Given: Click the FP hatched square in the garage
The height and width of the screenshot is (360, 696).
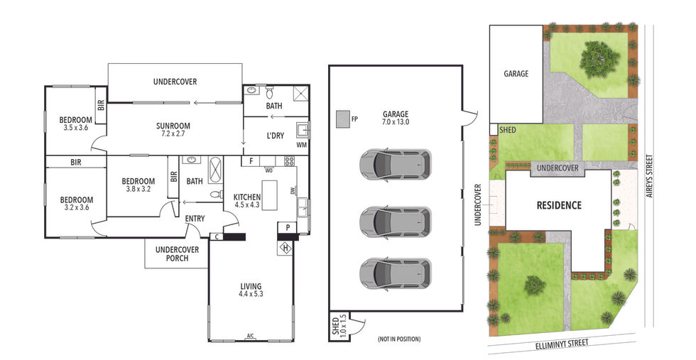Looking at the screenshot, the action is (342, 119).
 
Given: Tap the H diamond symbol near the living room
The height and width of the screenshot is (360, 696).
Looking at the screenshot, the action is (286, 248).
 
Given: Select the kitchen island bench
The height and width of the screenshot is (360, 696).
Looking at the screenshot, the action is (269, 192).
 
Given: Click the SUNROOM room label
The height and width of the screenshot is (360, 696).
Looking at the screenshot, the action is (173, 130).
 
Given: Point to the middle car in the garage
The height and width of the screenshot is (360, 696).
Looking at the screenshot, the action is (395, 221).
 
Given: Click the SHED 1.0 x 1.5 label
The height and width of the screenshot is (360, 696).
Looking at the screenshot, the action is (339, 325).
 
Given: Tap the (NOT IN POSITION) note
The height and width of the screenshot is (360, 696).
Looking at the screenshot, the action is (399, 339).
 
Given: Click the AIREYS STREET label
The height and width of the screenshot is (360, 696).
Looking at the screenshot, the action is (651, 176).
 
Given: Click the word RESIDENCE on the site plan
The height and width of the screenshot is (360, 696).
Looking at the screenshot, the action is (559, 205).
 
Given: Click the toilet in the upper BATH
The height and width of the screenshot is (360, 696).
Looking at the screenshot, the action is (269, 93).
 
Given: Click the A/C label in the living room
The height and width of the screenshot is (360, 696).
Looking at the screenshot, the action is (250, 336).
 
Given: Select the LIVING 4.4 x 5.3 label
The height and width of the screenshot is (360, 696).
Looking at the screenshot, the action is (251, 290).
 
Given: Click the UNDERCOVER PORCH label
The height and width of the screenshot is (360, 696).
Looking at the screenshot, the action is (177, 254).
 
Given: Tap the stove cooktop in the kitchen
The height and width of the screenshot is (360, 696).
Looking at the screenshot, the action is (289, 161).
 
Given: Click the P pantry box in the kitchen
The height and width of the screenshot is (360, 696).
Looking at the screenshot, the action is (288, 228).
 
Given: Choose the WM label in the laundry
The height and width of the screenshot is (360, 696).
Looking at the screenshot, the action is (301, 145).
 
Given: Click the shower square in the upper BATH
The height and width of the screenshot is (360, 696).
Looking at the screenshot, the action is (300, 94).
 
